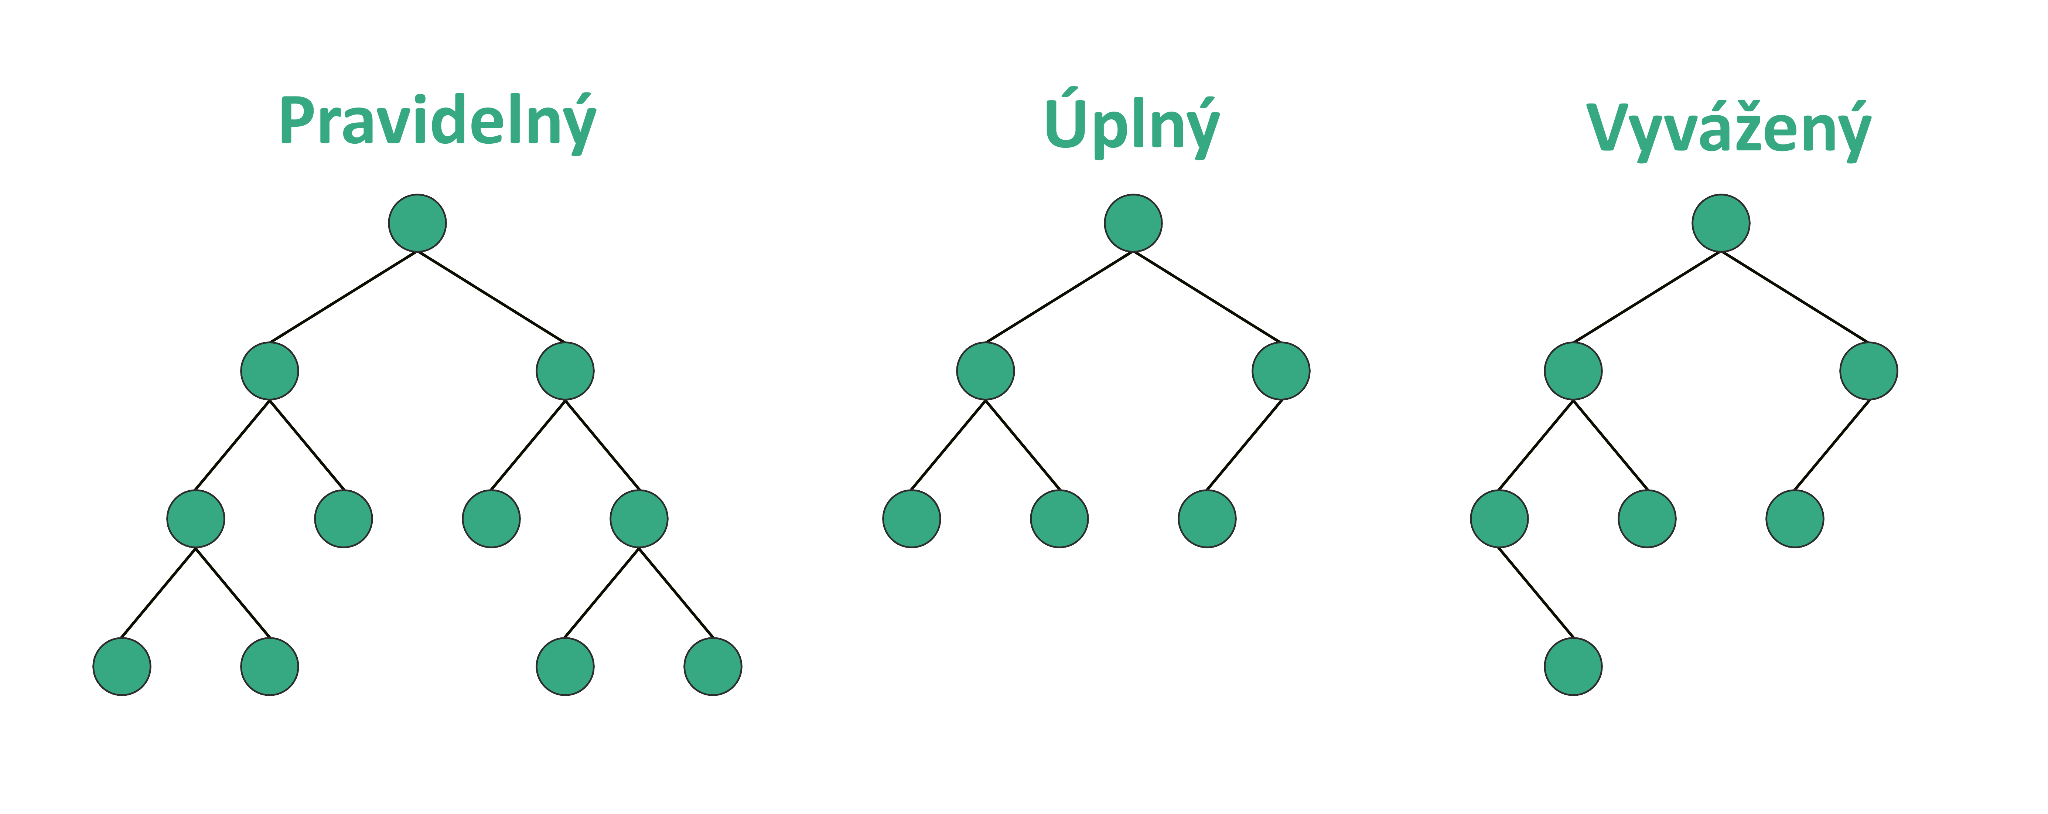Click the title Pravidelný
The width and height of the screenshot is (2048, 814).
(x=437, y=122)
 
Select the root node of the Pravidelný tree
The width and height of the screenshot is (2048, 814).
(x=417, y=222)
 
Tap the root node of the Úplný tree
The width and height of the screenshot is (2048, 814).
(x=1133, y=222)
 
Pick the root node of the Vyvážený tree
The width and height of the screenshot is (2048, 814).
(x=1720, y=222)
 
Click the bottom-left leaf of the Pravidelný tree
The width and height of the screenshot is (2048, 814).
(x=122, y=666)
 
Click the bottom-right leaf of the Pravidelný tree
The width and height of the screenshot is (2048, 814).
(x=712, y=666)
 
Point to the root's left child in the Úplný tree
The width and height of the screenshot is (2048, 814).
(x=985, y=371)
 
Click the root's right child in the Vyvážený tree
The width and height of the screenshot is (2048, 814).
(x=1868, y=371)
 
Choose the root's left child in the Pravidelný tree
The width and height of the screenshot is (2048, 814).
(x=270, y=371)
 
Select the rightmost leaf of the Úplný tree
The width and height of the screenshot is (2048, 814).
(x=1207, y=518)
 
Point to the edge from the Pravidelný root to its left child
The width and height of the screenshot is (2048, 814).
(x=344, y=296)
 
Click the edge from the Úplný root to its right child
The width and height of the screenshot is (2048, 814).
(x=1207, y=296)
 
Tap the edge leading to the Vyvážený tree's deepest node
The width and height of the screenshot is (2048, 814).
(x=1536, y=592)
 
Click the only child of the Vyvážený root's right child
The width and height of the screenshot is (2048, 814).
(x=1794, y=518)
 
